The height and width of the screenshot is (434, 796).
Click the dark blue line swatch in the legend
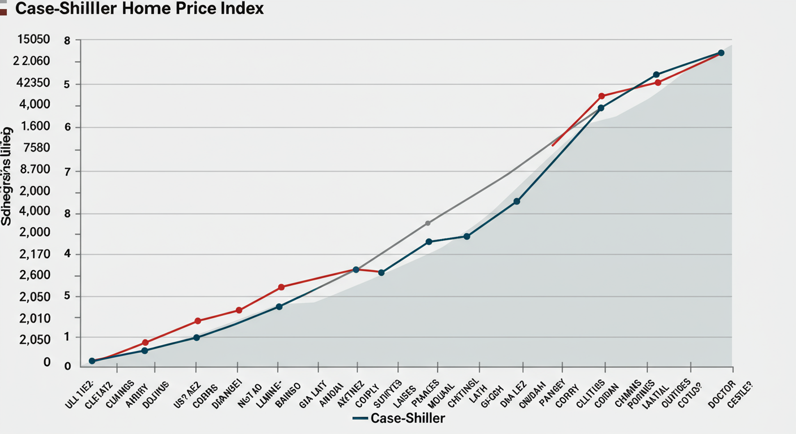tap(360, 419)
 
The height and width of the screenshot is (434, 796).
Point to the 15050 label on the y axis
tap(33, 40)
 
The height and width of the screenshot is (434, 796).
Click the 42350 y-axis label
tap(33, 83)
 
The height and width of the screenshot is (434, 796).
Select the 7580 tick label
tap(36, 148)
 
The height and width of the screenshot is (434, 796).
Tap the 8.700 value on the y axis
tap(35, 170)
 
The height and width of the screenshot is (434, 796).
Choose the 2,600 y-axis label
tap(35, 276)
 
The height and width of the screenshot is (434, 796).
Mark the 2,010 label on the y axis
tap(35, 319)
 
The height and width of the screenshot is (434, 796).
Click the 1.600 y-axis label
tap(35, 127)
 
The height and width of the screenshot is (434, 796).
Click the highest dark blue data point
tap(721, 53)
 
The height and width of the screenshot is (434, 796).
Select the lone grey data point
tap(427, 223)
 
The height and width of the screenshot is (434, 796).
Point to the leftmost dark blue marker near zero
tap(92, 361)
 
